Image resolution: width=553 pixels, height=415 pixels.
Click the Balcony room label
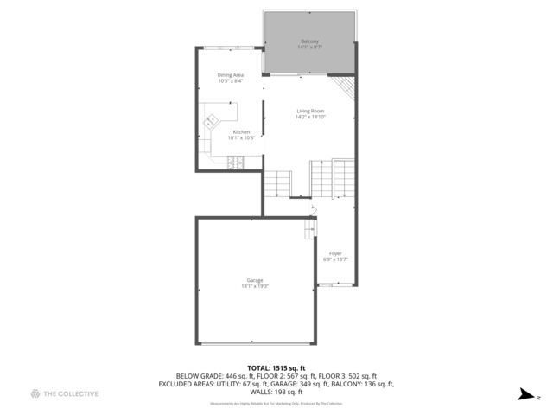click(309, 41)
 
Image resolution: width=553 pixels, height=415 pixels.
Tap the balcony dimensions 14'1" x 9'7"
click(309, 48)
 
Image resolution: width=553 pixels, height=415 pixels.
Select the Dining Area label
click(230, 75)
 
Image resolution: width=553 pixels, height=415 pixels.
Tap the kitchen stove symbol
click(236, 161)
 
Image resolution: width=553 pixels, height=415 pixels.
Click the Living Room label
click(309, 111)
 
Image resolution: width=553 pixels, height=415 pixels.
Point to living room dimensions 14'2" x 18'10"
click(309, 117)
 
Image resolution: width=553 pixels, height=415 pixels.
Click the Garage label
click(255, 280)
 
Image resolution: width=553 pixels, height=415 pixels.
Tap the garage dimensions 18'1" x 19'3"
click(255, 286)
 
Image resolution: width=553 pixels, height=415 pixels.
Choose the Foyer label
click(335, 253)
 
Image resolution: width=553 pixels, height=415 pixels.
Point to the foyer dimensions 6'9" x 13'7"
click(335, 259)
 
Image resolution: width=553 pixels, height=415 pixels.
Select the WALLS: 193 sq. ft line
click(276, 392)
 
